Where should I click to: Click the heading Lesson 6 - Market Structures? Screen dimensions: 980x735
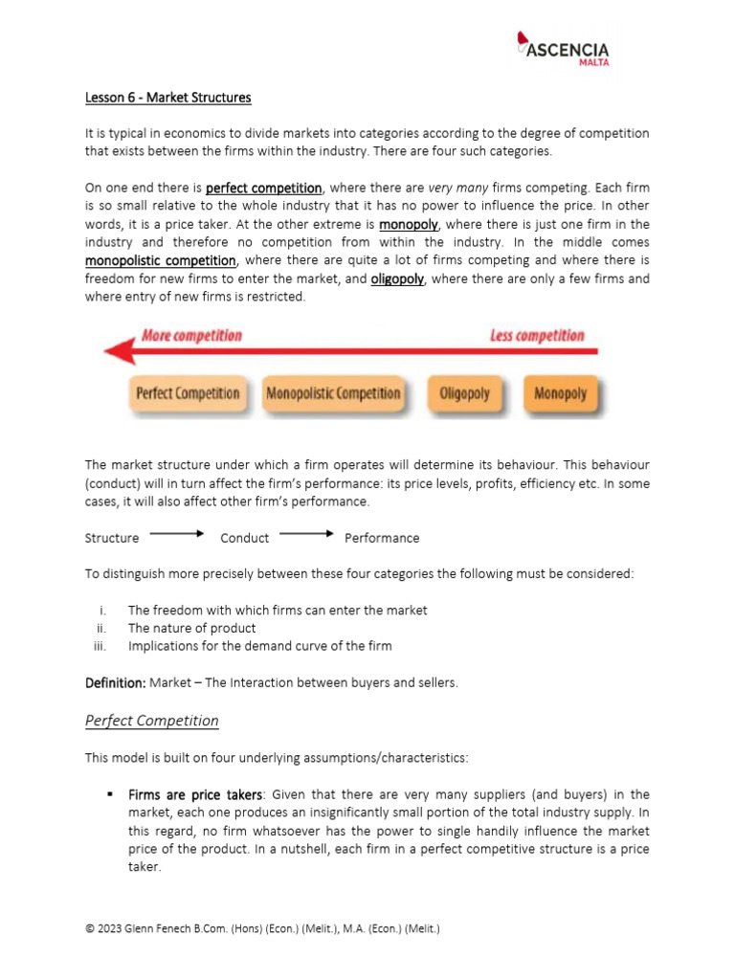[167, 98]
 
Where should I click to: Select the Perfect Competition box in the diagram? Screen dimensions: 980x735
[188, 393]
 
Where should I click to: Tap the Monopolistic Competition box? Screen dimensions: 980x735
[333, 393]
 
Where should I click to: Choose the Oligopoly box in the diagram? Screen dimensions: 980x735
[464, 393]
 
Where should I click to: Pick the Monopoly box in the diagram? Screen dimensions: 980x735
[560, 393]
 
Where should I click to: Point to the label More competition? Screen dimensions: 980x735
[191, 336]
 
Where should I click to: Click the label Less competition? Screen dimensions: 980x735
[537, 336]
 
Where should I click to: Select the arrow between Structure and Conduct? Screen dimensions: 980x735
[177, 534]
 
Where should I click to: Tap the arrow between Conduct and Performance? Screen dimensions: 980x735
[306, 534]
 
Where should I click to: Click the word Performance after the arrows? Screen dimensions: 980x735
[382, 538]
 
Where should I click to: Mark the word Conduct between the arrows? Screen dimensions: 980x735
[244, 538]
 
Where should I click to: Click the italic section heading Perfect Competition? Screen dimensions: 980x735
[151, 721]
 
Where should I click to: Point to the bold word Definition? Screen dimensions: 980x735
[115, 682]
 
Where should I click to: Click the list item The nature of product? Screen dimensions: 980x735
[191, 628]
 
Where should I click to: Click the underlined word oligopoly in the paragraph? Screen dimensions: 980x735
[397, 278]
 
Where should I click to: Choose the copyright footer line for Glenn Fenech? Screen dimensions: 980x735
[262, 928]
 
